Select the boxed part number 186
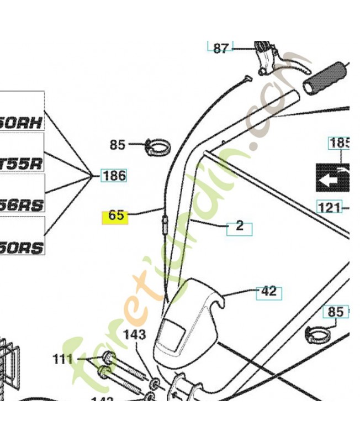pyautogui.click(x=114, y=176)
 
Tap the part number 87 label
pyautogui.click(x=221, y=48)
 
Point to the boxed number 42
pyautogui.click(x=269, y=291)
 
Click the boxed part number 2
pyautogui.click(x=239, y=226)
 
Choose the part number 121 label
pyautogui.click(x=329, y=208)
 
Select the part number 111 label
pyautogui.click(x=62, y=360)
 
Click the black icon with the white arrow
pyautogui.click(x=332, y=177)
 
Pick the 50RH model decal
pyautogui.click(x=22, y=123)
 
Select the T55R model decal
pyautogui.click(x=22, y=164)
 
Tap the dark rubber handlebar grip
pyautogui.click(x=327, y=77)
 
